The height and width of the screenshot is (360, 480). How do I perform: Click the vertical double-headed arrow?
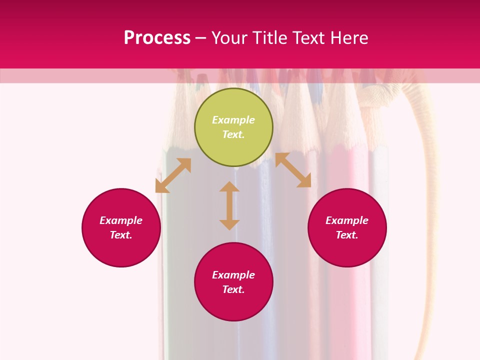(229, 205)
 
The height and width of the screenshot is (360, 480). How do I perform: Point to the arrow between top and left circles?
(173, 175)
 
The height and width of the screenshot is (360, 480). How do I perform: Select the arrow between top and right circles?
(293, 170)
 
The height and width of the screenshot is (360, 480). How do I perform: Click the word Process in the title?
(157, 38)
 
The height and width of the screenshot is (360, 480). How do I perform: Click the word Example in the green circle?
(233, 120)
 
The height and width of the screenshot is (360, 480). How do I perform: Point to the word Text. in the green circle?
(233, 134)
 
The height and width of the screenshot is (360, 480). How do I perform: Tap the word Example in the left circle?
(121, 220)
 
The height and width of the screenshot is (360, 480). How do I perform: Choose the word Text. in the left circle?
(121, 235)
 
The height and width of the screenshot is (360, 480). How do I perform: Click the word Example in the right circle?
(347, 220)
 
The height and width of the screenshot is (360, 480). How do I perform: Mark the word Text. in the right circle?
(347, 235)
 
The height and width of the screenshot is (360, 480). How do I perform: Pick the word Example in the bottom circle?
(233, 275)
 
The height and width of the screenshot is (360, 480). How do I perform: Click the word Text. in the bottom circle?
(233, 289)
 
